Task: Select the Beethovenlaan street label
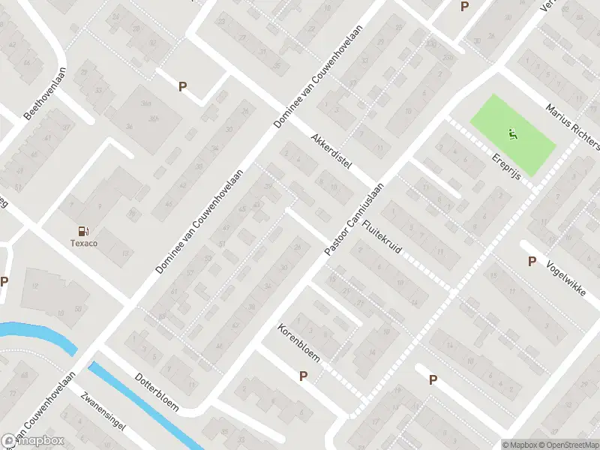click(46, 94)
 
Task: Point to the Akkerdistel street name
click(331, 153)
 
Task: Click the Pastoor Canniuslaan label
click(353, 219)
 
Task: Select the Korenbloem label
click(298, 343)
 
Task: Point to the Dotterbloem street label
click(157, 392)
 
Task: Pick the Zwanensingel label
click(104, 418)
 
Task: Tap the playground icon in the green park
click(513, 136)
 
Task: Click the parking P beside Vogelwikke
click(532, 262)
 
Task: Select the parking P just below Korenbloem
click(304, 376)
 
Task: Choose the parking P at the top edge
click(464, 7)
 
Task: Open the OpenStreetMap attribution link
click(568, 444)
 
